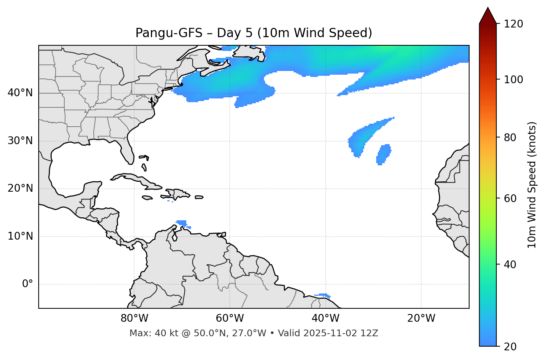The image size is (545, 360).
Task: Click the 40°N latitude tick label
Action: tap(20, 93)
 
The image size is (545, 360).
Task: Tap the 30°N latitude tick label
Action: tap(20, 141)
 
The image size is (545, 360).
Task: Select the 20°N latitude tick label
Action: tap(20, 188)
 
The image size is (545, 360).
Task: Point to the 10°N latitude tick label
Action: tap(20, 236)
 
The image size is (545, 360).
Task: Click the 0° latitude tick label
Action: tap(28, 284)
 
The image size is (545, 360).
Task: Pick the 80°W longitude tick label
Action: tap(134, 318)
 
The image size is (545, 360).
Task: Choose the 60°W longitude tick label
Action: tap(230, 318)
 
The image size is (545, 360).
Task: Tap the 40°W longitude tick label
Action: tap(325, 318)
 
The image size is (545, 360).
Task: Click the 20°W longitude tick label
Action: tap(421, 318)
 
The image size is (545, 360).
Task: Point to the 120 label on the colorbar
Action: tap(514, 24)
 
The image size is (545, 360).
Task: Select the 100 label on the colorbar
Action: tap(514, 80)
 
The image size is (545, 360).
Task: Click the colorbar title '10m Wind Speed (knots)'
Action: tap(532, 185)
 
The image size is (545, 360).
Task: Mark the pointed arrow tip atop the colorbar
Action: tap(488, 8)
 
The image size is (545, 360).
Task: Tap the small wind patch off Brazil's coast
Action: tap(322, 295)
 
